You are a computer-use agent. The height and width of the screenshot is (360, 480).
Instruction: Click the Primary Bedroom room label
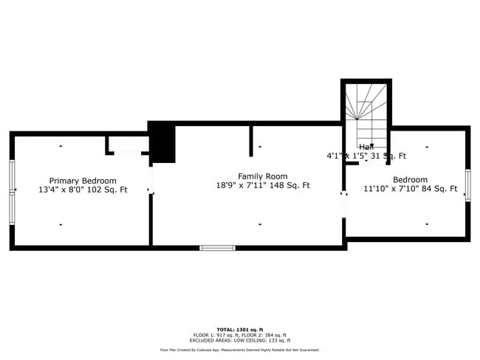[x=83, y=180]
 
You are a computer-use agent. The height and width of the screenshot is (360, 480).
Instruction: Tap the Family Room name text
[x=262, y=176]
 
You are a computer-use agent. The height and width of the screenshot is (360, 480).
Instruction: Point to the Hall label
[x=366, y=147]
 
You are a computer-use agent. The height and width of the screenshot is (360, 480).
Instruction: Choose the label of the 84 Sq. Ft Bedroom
[x=410, y=180]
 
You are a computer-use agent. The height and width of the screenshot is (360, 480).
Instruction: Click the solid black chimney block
[x=162, y=143]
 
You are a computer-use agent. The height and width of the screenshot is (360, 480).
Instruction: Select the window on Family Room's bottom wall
[x=218, y=248]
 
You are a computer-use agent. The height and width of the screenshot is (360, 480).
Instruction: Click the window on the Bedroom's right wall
[x=467, y=184]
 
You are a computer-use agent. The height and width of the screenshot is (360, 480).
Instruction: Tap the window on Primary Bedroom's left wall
[x=12, y=192]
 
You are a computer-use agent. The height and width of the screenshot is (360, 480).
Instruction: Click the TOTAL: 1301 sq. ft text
[x=239, y=329]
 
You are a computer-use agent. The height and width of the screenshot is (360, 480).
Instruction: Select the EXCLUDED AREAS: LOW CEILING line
[x=239, y=341]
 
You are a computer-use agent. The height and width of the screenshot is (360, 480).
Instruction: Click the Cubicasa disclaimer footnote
[x=239, y=350]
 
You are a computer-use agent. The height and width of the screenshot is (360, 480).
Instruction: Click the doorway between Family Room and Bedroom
[x=344, y=205]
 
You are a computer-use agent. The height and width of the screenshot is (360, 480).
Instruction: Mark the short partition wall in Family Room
[x=251, y=140]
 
